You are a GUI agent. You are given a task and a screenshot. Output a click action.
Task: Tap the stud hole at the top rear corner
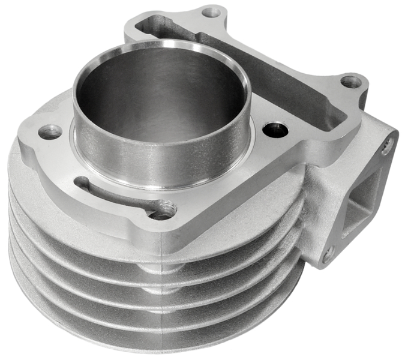click(x=210, y=11)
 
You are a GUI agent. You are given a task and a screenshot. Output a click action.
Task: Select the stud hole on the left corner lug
click(x=49, y=131)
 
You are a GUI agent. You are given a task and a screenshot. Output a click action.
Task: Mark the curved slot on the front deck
click(x=114, y=192)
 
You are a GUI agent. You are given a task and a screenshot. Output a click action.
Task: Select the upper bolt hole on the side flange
click(x=387, y=144)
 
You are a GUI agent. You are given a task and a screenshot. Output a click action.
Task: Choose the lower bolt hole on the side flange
click(x=328, y=255)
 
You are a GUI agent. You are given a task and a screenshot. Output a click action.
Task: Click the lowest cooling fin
click(x=150, y=336)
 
